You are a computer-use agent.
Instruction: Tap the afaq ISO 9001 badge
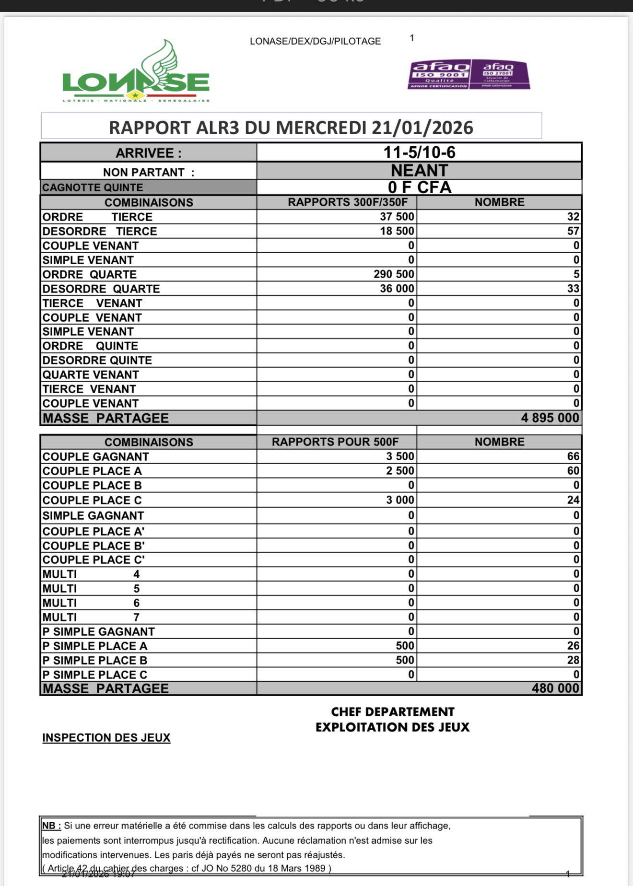pyautogui.click(x=439, y=74)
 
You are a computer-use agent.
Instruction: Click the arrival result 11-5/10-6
pyautogui.click(x=419, y=152)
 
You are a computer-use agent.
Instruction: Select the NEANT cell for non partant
pyautogui.click(x=419, y=171)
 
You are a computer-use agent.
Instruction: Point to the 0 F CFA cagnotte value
pyautogui.click(x=419, y=187)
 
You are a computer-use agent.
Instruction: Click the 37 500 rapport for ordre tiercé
pyautogui.click(x=397, y=217)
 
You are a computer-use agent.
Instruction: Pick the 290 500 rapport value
pyautogui.click(x=394, y=274)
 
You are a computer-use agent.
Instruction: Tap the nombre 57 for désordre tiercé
pyautogui.click(x=573, y=231)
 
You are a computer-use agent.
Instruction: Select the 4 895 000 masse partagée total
pyautogui.click(x=550, y=418)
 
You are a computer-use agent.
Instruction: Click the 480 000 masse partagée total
pyautogui.click(x=555, y=688)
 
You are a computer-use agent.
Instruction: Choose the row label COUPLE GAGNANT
pyautogui.click(x=96, y=456)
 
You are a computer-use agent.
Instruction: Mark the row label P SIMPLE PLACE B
pyautogui.click(x=95, y=660)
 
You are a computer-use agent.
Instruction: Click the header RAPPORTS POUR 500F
pyautogui.click(x=335, y=442)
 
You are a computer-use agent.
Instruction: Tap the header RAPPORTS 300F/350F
pyautogui.click(x=348, y=202)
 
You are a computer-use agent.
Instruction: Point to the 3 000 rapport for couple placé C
pyautogui.click(x=400, y=500)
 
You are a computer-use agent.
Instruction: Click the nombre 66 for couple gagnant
pyautogui.click(x=573, y=456)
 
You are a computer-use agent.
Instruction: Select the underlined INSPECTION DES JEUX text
pyautogui.click(x=106, y=738)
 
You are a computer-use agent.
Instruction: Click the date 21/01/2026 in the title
pyautogui.click(x=422, y=128)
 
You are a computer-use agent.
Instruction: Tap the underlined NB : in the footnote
pyautogui.click(x=52, y=826)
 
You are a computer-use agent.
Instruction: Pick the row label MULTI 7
pyautogui.click(x=91, y=617)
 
